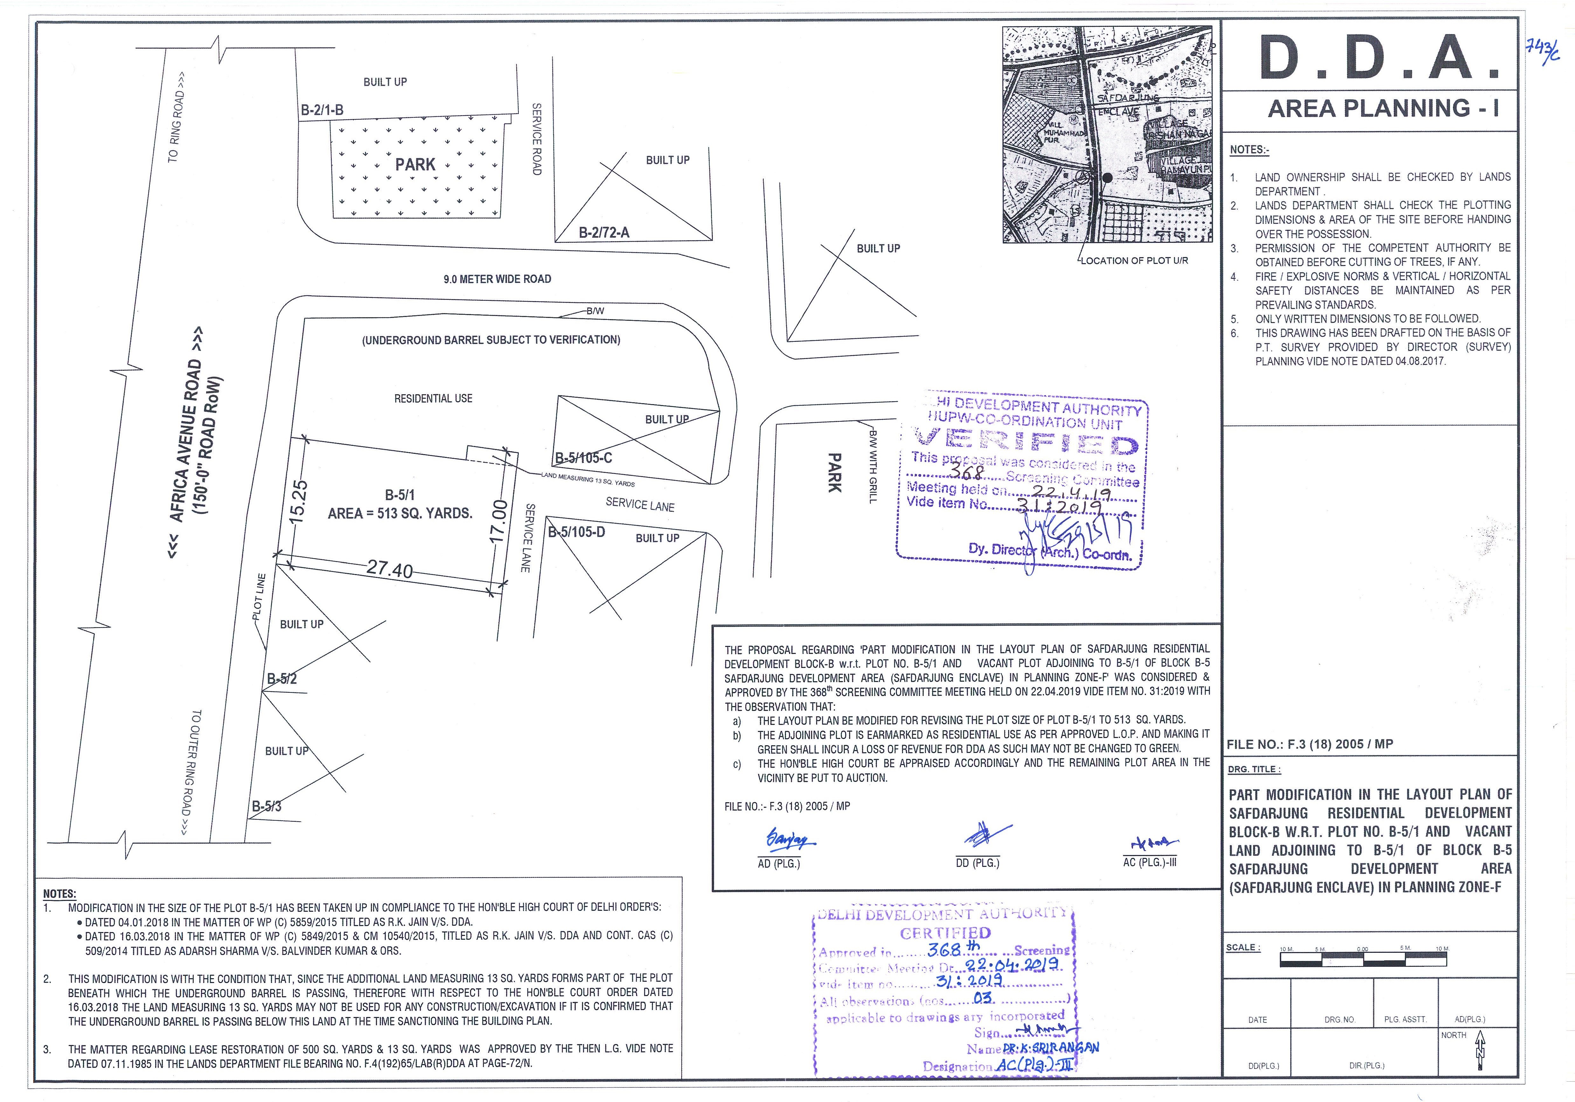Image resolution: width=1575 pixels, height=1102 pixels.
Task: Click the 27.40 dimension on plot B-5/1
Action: [390, 570]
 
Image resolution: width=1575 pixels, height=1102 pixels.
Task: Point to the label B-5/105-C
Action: [583, 458]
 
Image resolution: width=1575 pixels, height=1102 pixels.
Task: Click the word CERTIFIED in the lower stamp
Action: [945, 933]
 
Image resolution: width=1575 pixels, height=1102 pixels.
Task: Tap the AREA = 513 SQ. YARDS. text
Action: [400, 513]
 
